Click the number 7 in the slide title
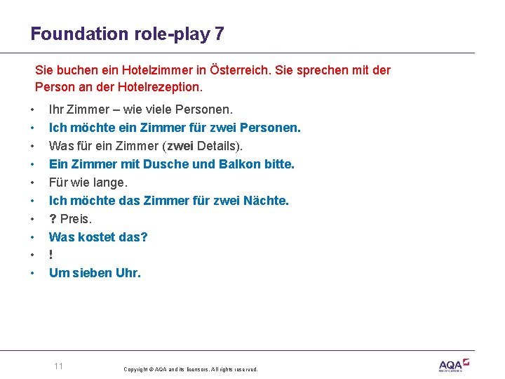tap(220, 34)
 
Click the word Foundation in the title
tap(71, 34)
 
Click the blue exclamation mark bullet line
tap(51, 255)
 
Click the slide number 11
tap(58, 366)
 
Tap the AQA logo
tap(453, 365)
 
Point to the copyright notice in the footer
tap(190, 369)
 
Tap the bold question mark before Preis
tap(53, 219)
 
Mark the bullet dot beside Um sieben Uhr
tap(32, 274)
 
